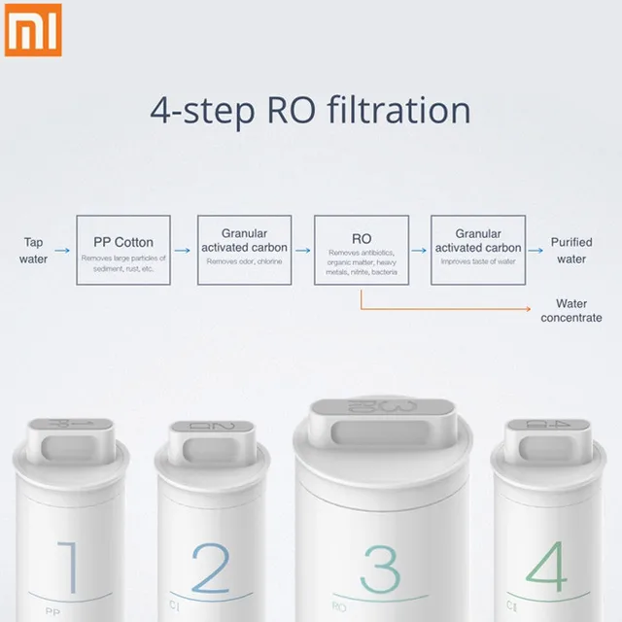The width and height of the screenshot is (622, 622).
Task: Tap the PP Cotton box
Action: [x=123, y=250]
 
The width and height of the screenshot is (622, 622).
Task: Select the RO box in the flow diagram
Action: [x=361, y=250]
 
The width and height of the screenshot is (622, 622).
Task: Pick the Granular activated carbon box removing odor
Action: [x=244, y=250]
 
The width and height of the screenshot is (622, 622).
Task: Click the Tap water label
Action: [x=33, y=251]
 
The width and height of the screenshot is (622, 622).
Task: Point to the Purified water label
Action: [x=570, y=251]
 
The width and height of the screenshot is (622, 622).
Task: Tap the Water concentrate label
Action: [x=570, y=311]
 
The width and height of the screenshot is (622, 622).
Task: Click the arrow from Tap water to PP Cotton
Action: [x=62, y=251]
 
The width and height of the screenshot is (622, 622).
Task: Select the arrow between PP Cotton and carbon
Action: [x=184, y=251]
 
